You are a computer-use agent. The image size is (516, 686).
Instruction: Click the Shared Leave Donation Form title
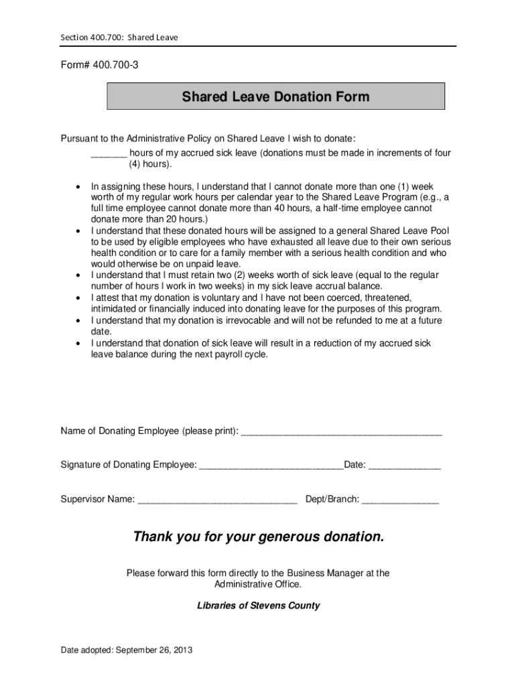click(275, 97)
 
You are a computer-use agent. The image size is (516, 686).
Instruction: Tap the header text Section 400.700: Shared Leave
click(119, 38)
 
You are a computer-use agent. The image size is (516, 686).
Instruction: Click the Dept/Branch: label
click(332, 499)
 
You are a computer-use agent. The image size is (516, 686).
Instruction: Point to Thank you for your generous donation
click(259, 537)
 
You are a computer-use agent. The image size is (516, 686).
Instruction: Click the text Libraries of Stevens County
click(258, 606)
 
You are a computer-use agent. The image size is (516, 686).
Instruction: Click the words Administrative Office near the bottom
click(257, 584)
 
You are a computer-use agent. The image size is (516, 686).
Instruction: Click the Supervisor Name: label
click(98, 499)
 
